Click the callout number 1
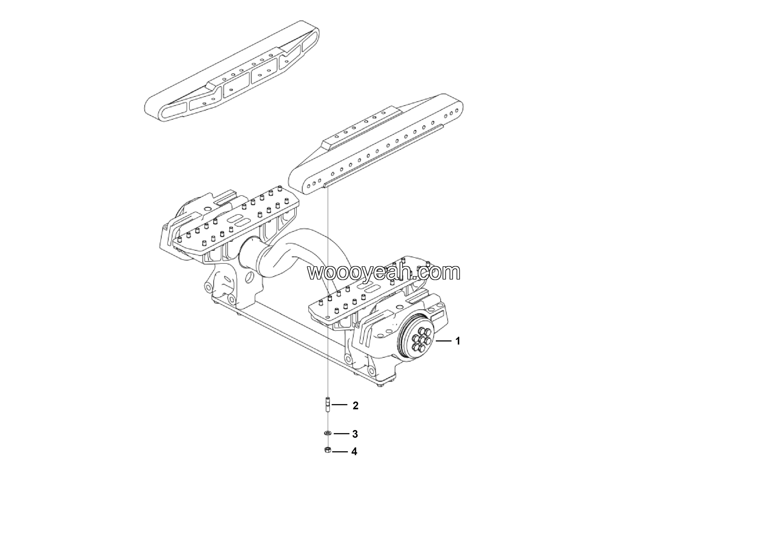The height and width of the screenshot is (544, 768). point(457,341)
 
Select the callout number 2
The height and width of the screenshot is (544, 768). point(355,406)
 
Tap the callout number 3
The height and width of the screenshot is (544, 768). point(355,434)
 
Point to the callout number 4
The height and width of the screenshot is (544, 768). point(355,452)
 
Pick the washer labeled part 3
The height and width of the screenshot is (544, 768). point(327,433)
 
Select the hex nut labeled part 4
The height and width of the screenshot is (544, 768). point(327,450)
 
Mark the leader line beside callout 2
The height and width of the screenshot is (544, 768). point(339,405)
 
